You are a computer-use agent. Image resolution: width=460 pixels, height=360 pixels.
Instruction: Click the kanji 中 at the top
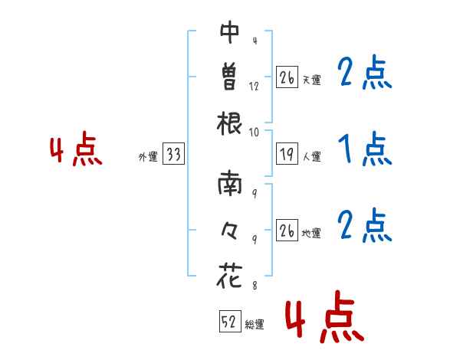point(229,32)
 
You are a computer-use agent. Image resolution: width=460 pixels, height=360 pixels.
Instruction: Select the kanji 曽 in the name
point(229,77)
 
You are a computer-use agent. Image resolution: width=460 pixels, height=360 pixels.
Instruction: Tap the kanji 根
point(229,123)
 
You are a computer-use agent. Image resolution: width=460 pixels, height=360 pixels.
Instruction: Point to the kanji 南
point(230,184)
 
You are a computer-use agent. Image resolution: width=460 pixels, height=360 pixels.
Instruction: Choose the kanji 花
point(229,275)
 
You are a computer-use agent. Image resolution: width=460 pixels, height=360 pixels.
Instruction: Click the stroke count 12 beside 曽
point(254,87)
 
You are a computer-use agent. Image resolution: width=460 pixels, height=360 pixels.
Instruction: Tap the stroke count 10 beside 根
point(254,133)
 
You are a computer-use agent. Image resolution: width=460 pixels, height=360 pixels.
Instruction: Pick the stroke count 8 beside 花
point(255,285)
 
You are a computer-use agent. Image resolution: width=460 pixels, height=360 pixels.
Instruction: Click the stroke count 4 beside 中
point(255,41)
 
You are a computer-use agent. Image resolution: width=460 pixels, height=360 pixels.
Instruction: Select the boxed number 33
point(174,154)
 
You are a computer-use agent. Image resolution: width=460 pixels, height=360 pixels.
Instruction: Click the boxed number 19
point(287,154)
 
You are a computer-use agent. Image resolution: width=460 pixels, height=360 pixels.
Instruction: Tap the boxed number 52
point(230,321)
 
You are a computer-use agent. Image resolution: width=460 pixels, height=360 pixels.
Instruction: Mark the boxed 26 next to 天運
point(287,77)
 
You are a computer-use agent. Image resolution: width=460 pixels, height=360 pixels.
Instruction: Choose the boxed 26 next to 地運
point(287,230)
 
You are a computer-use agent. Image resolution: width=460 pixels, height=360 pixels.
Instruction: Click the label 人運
point(312,156)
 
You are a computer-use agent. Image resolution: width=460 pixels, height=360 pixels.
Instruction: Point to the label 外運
point(148,156)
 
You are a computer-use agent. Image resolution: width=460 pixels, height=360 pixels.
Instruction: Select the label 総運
point(255,324)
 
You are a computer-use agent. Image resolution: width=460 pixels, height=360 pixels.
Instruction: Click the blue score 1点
point(365,149)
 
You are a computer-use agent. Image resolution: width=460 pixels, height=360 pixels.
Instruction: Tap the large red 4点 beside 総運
point(325,316)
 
